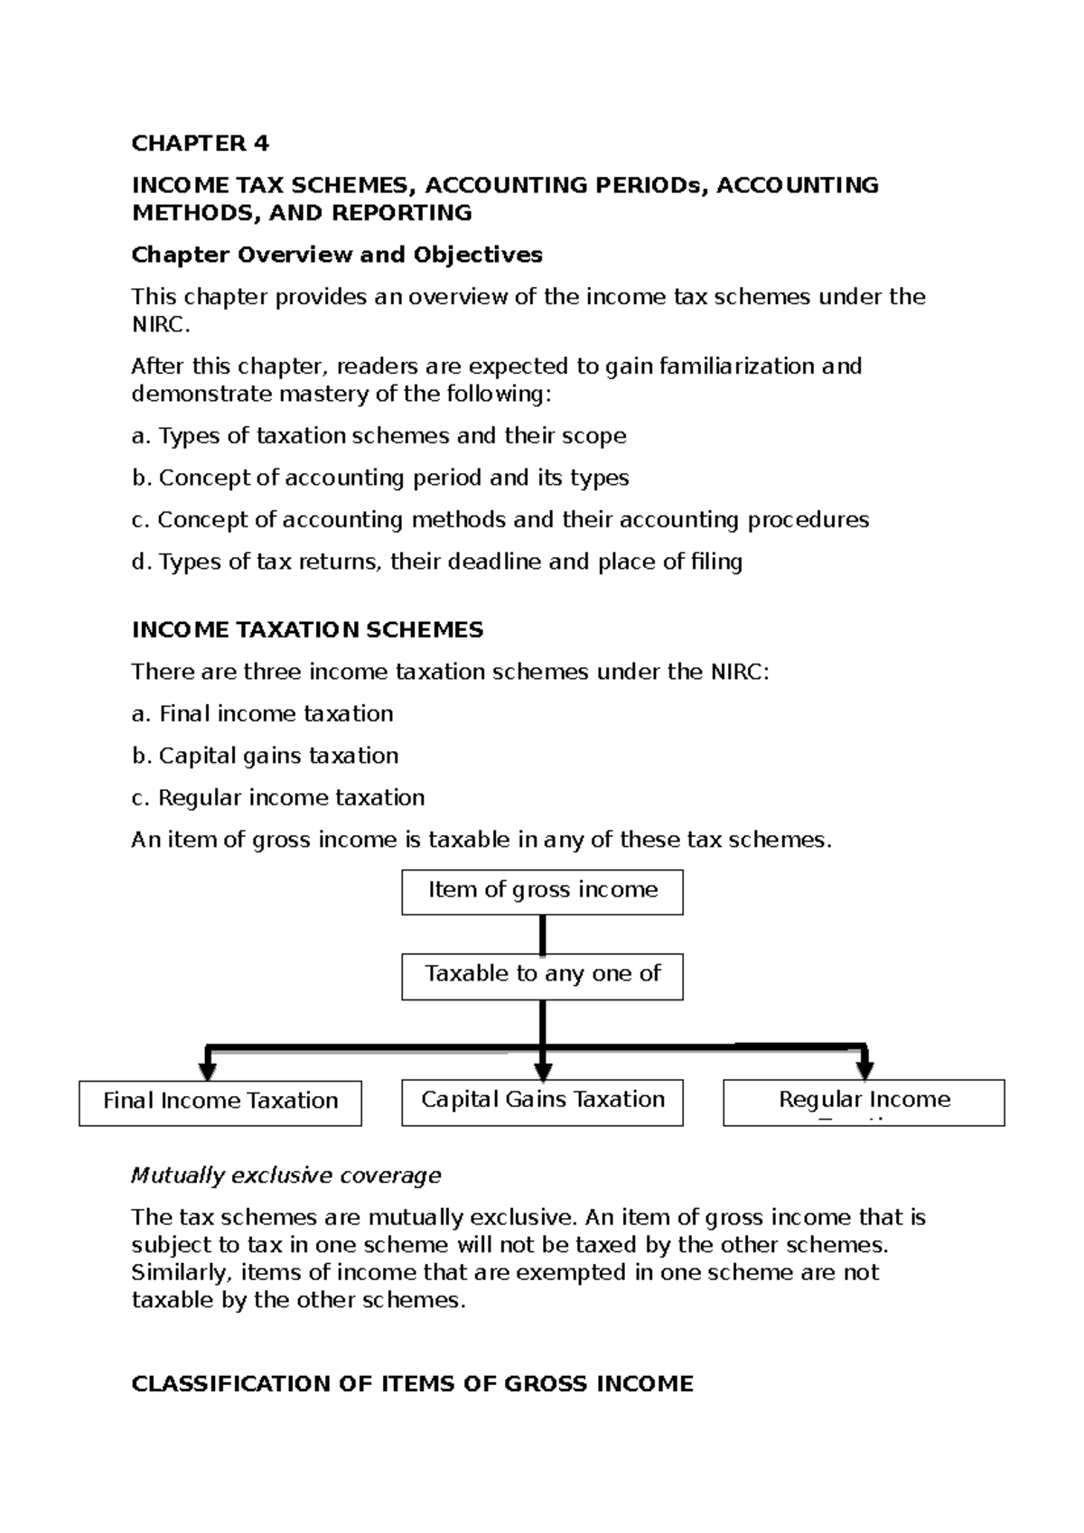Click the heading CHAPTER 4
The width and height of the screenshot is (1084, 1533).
(200, 144)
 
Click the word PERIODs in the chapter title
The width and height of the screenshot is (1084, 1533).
(652, 185)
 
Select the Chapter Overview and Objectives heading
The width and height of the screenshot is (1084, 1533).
(336, 255)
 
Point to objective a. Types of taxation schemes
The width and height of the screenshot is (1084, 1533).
(378, 436)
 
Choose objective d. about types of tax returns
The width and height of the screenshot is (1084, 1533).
(436, 562)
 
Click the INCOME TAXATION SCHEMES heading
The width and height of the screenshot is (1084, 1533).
(307, 630)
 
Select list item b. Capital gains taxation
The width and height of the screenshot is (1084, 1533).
(265, 756)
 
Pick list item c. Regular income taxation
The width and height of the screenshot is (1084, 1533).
(277, 798)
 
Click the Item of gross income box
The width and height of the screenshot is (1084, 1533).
(542, 891)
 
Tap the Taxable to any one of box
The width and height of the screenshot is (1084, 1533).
(542, 975)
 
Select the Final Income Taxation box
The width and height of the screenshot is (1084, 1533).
(220, 1101)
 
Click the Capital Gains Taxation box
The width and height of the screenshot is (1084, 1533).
(542, 1101)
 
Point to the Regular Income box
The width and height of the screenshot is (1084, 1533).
(864, 1101)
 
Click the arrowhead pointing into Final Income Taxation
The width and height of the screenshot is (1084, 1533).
(208, 1071)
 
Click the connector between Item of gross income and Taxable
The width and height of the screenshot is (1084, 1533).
(542, 934)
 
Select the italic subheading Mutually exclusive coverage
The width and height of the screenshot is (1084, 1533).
(285, 1175)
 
